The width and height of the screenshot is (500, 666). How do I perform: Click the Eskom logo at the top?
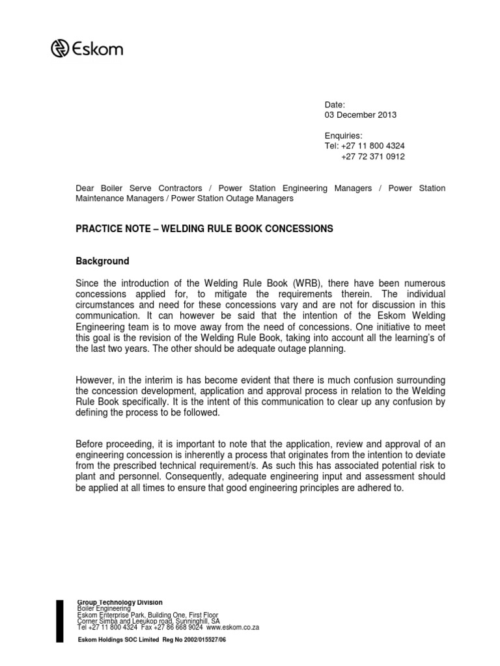coord(87,48)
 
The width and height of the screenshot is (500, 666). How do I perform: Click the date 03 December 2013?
coord(360,115)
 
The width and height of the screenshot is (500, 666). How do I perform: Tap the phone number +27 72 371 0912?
coord(372,157)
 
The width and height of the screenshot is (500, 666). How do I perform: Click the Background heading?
coord(103,261)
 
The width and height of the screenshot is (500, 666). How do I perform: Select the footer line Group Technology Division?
coord(120,602)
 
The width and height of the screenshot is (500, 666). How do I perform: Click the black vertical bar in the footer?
coord(61,622)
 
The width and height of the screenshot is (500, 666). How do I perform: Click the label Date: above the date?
coord(335,105)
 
